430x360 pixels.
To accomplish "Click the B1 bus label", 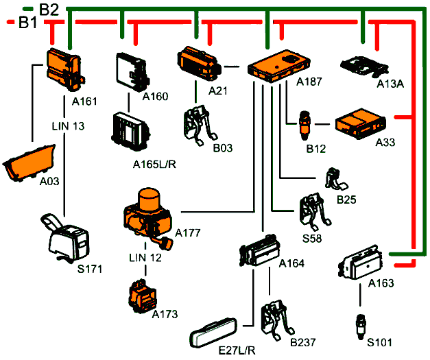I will tap(27, 24).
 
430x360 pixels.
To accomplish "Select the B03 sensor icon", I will tap(199, 124).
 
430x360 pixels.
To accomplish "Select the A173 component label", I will tap(166, 313).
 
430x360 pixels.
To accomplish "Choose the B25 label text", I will tap(348, 200).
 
